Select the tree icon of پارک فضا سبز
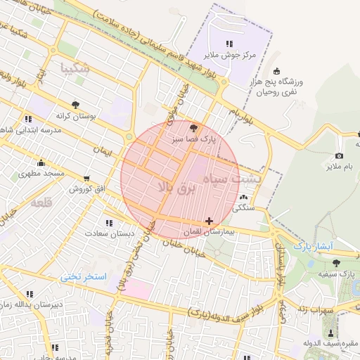(x=194, y=128)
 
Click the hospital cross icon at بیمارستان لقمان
(x=209, y=221)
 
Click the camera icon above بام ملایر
(x=339, y=155)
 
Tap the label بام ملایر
(x=338, y=167)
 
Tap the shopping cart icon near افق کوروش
(x=86, y=179)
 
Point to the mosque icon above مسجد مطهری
(x=41, y=162)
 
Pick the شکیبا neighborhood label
(x=75, y=69)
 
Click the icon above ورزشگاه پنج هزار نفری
(x=276, y=70)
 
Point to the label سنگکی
(x=243, y=208)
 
